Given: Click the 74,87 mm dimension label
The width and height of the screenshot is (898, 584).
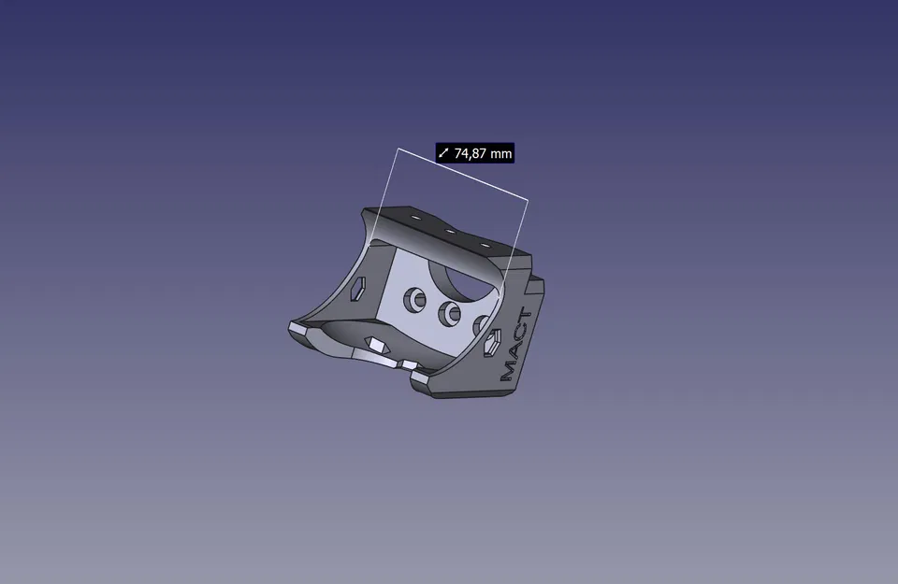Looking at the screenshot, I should click(x=475, y=153).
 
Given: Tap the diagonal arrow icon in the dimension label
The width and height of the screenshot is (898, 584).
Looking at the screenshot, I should click(x=444, y=153).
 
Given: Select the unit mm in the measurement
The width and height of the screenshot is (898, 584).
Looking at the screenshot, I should click(x=501, y=153).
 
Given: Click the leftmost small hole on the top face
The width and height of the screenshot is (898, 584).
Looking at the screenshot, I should click(x=414, y=218).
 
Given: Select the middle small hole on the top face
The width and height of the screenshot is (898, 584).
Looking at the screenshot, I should click(x=449, y=231).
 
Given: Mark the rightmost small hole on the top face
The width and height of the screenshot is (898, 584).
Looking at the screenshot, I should click(x=485, y=245).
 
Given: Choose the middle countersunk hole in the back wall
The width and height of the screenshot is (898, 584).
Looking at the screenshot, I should click(x=450, y=313).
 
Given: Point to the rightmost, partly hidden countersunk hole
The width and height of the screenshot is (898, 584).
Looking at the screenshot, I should click(x=481, y=324).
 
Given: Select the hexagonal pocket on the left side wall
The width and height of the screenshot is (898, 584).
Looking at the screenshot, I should click(x=358, y=289).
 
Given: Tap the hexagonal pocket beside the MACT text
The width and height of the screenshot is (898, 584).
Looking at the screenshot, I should click(x=490, y=345).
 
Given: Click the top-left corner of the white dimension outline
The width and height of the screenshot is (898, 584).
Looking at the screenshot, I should click(x=398, y=149).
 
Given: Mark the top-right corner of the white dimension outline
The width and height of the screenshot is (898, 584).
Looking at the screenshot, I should click(x=528, y=200).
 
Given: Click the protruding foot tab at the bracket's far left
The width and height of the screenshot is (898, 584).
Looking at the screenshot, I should click(x=298, y=329).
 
